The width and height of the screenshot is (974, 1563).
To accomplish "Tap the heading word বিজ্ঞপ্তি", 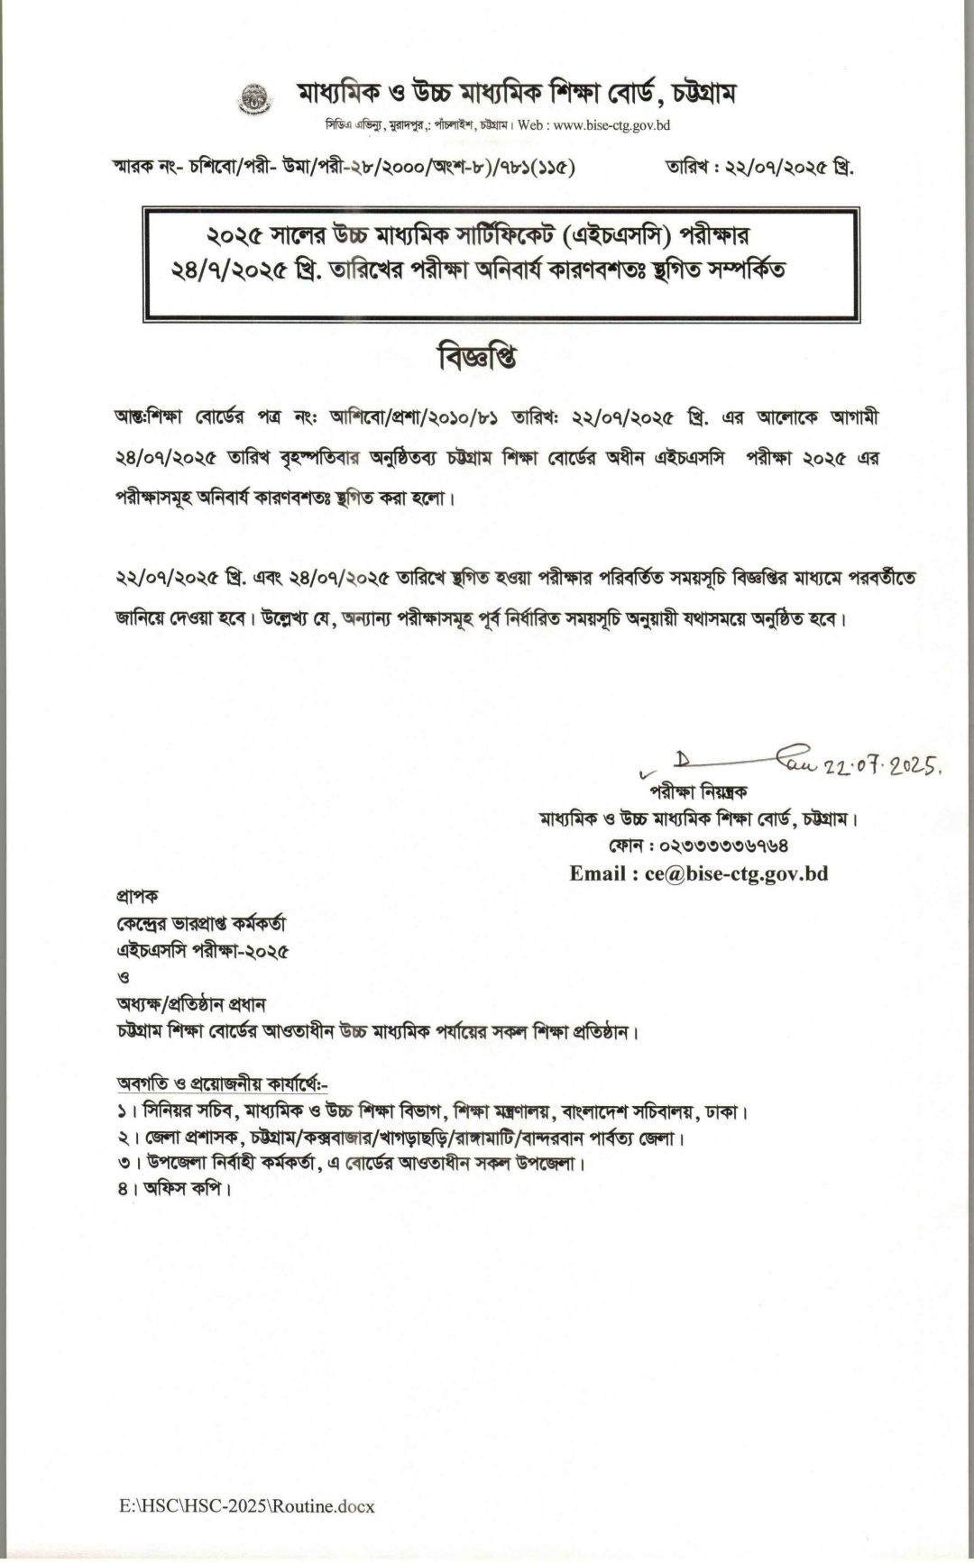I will pyautogui.click(x=477, y=358).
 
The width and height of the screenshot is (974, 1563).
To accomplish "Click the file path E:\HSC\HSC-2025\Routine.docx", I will pyautogui.click(x=246, y=1505).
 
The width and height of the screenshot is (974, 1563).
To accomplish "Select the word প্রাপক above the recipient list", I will pyautogui.click(x=137, y=896).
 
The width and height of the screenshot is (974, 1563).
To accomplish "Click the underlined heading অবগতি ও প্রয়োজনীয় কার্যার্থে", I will pyautogui.click(x=221, y=1083).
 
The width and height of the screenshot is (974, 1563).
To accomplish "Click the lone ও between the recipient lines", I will pyautogui.click(x=124, y=976).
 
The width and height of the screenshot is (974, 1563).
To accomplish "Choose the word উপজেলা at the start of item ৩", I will pyautogui.click(x=176, y=1163).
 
